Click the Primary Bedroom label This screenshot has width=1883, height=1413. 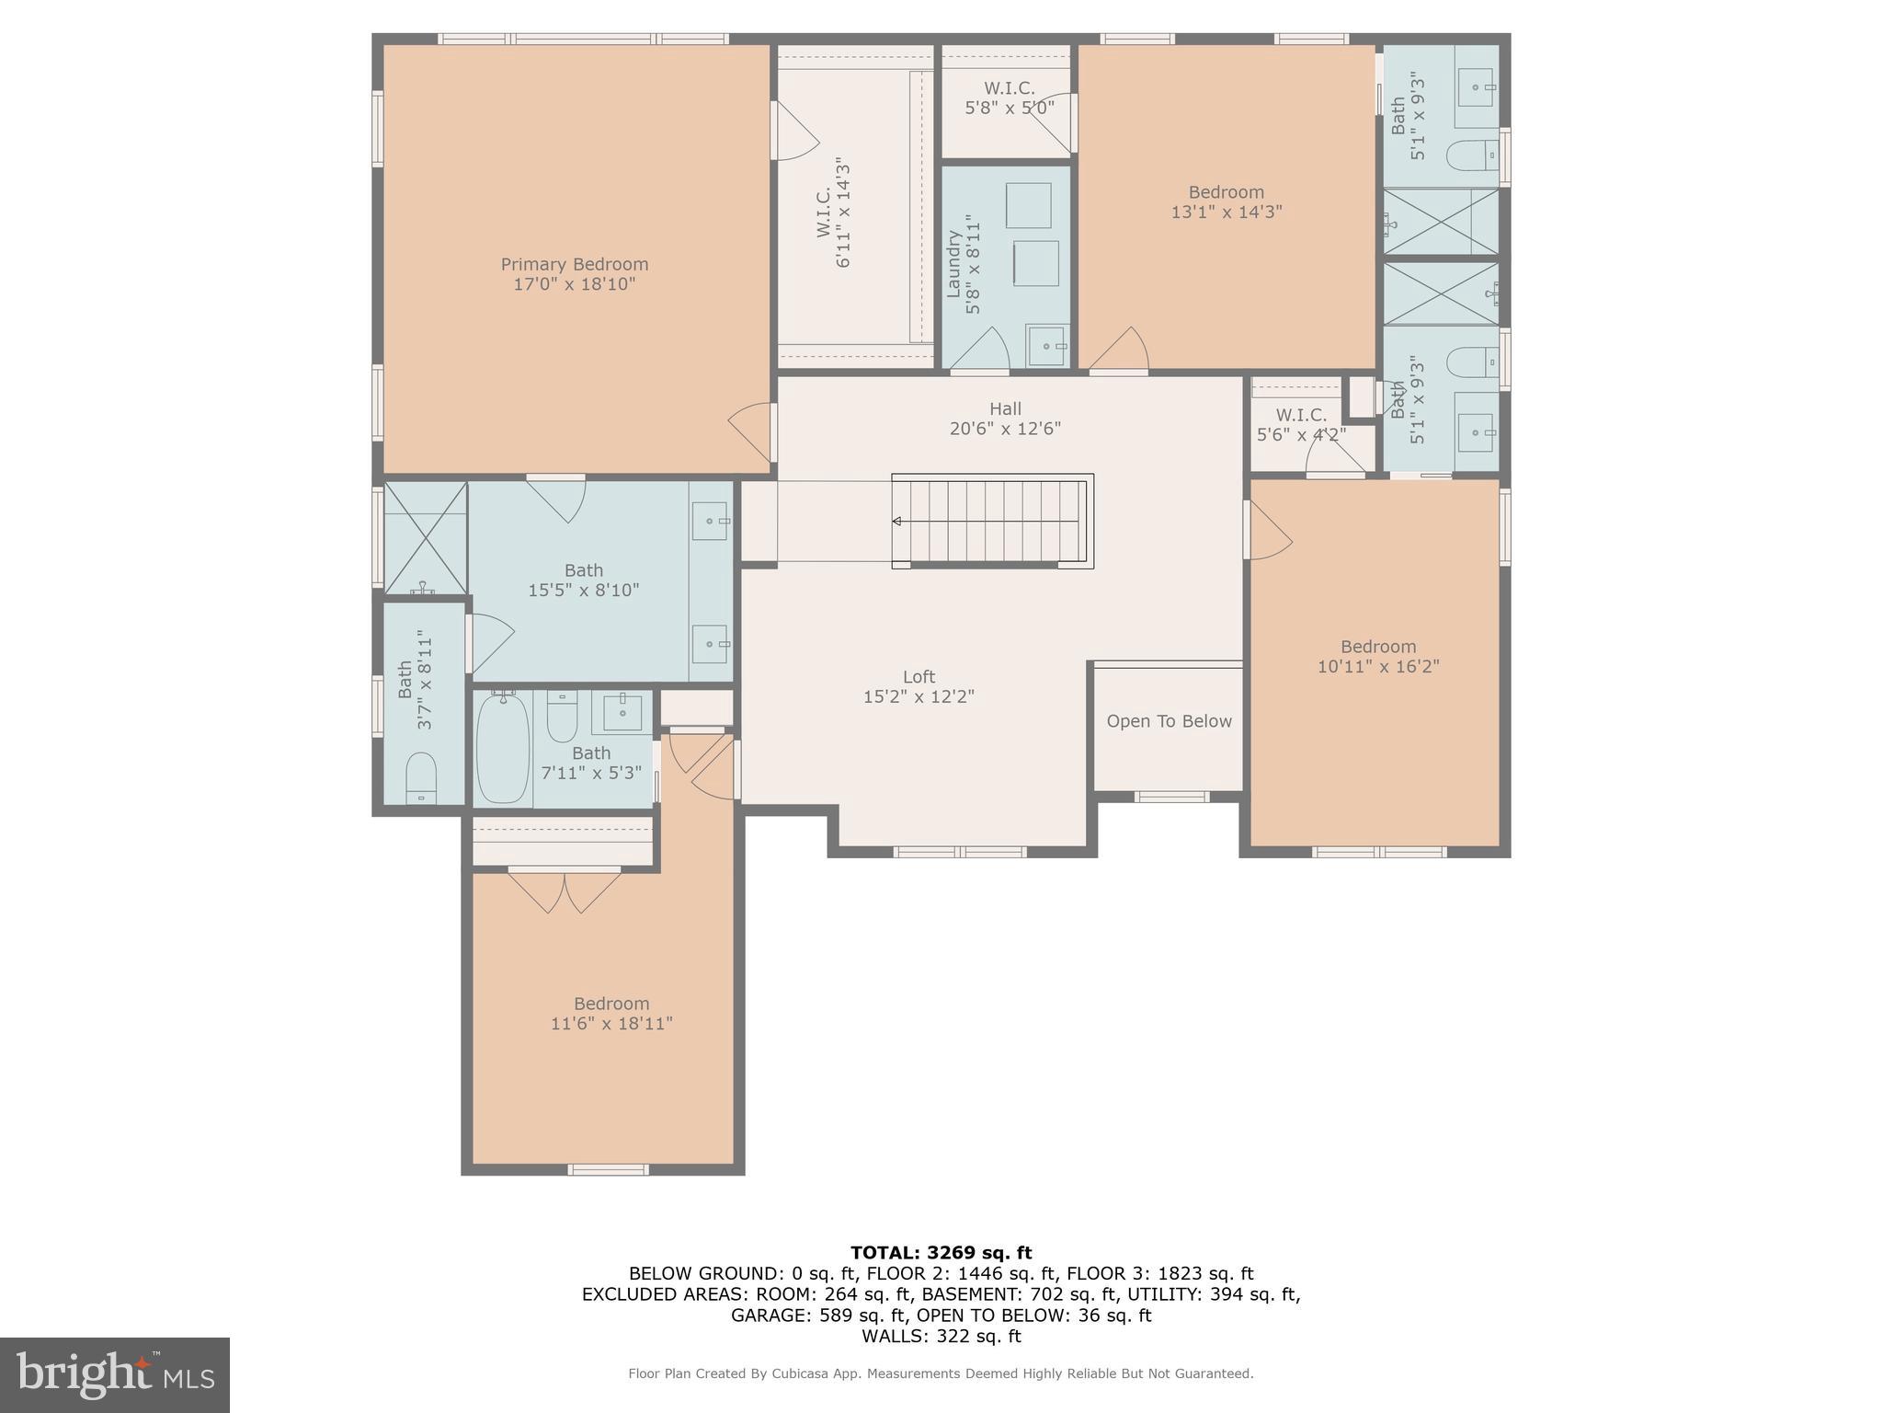574,265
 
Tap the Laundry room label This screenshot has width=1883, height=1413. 953,264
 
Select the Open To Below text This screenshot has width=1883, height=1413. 1169,721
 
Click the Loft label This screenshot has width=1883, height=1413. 919,677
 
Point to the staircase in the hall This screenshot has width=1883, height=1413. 991,522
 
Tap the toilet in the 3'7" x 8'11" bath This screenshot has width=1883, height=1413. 421,778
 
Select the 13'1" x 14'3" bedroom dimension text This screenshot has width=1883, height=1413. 1226,212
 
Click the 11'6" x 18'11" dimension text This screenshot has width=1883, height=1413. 611,1024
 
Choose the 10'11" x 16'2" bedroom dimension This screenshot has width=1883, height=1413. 1377,666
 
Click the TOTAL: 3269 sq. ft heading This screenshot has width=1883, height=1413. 941,1252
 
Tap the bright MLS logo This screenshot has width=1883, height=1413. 115,1374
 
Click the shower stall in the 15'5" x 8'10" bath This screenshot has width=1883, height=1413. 425,539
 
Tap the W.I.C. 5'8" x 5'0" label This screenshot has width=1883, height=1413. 1009,98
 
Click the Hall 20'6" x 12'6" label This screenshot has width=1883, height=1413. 1005,419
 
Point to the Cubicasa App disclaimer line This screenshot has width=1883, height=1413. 941,1373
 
